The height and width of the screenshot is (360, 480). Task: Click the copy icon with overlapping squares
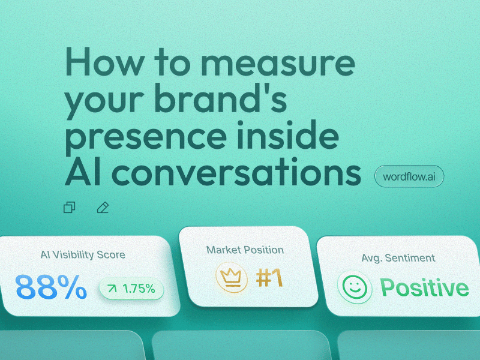click(70, 208)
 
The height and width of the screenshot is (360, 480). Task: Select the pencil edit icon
click(103, 208)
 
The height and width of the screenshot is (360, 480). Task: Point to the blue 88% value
click(51, 287)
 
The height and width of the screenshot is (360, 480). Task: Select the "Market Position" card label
click(245, 250)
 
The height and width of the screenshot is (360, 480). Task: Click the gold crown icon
click(231, 278)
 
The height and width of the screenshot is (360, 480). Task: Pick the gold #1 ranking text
click(268, 278)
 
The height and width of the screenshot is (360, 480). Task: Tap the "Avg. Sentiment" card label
click(398, 258)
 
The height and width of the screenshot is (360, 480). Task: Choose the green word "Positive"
click(424, 287)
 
